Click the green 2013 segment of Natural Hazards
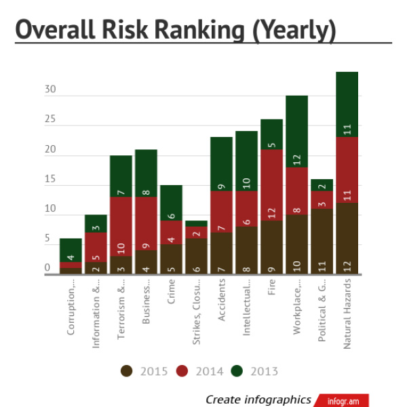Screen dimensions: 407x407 coord(347,104)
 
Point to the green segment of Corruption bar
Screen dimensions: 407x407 coord(71,250)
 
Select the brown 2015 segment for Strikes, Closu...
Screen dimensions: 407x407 coord(196,256)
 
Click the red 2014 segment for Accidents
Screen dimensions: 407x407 coord(221,212)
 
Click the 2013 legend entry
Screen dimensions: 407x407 coord(256,371)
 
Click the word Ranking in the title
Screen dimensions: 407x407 coord(183,30)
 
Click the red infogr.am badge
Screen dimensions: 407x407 coord(345,400)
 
